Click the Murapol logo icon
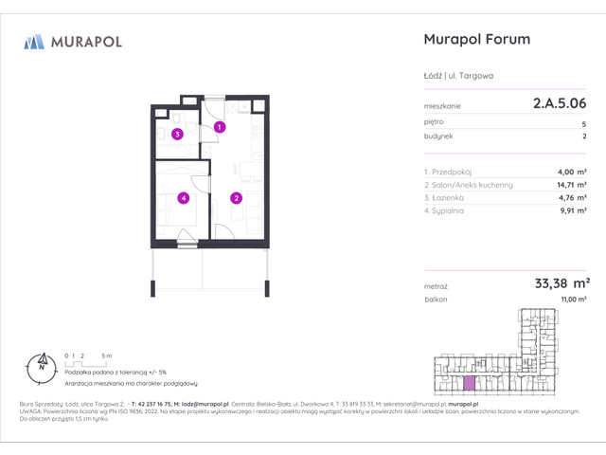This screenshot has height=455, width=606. tap(34, 41)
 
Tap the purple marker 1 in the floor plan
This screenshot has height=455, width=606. tap(219, 126)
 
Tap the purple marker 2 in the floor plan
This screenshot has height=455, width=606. tap(236, 198)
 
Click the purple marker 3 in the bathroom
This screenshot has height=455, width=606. tap(177, 135)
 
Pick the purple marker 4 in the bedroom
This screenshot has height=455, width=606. tap(184, 198)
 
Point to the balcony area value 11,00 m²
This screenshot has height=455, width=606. tap(574, 300)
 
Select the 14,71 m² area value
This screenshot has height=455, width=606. tap(572, 185)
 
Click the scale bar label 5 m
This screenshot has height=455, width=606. tap(107, 355)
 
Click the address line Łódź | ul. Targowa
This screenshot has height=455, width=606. tap(458, 76)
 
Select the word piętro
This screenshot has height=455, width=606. tap(435, 122)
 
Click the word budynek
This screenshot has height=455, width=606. tap(438, 136)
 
